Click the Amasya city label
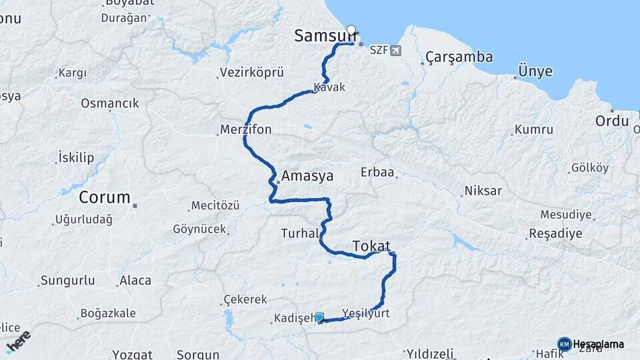coord(307,177)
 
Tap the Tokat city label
coord(371,246)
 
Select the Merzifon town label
coord(246,129)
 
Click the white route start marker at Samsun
coord(351,30)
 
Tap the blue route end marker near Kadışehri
coord(319,317)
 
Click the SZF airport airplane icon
coord(397,51)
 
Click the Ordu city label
coord(612,121)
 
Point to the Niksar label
coord(483,191)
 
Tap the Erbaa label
coord(377,173)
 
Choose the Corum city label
coord(105,198)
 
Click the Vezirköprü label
coord(252,71)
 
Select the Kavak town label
coord(330,87)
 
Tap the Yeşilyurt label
coord(365,313)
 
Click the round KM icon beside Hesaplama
coord(564,344)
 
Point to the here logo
coord(18,341)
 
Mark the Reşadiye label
coord(555,234)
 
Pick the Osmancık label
coord(110,103)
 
